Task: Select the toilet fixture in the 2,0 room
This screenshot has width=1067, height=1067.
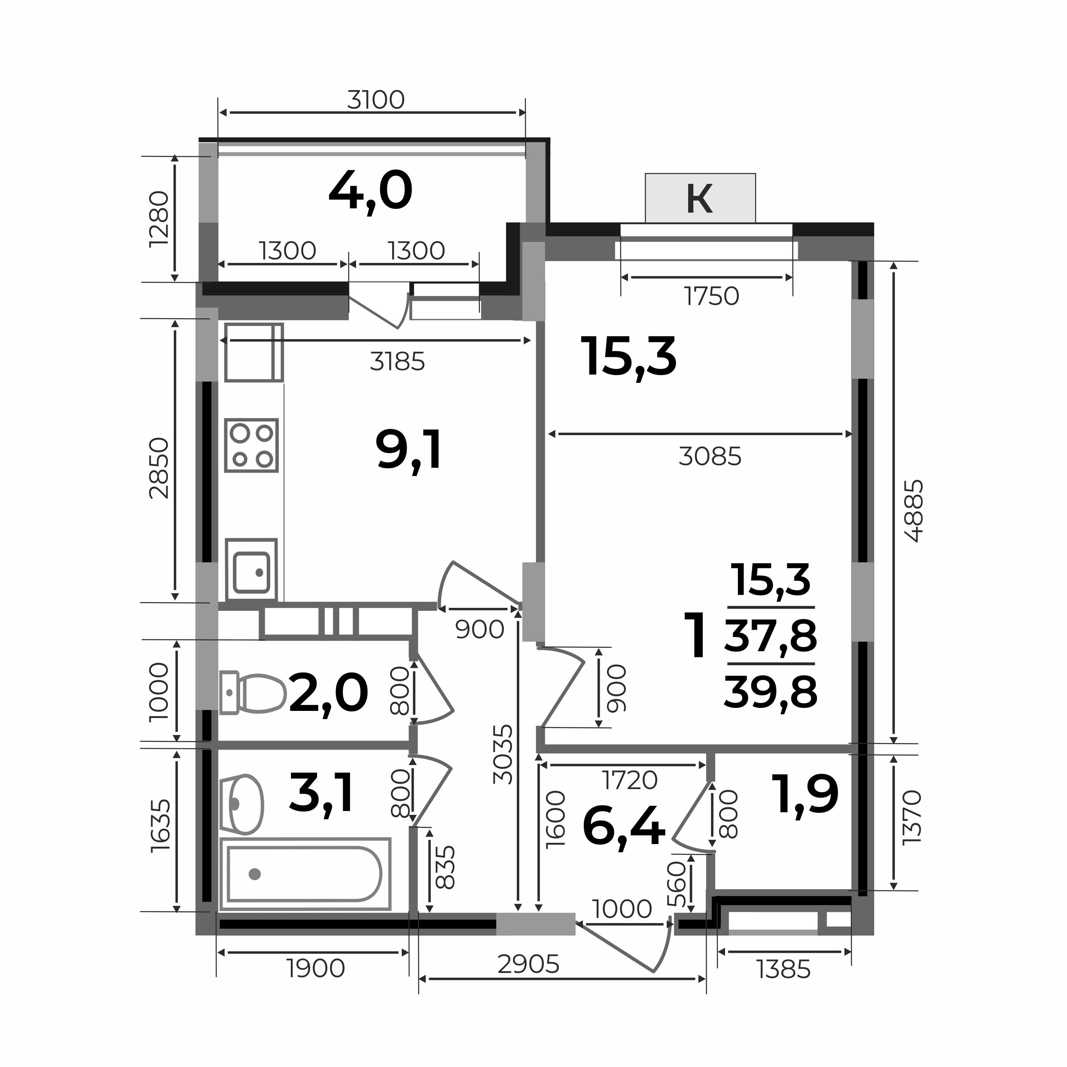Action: pyautogui.click(x=253, y=692)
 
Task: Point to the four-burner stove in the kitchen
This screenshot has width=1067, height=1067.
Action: pyautogui.click(x=251, y=445)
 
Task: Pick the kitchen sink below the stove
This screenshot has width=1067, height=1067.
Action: pyautogui.click(x=251, y=570)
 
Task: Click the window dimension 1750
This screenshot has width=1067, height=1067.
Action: pyautogui.click(x=712, y=296)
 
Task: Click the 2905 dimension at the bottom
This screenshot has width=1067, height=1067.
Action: pyautogui.click(x=528, y=964)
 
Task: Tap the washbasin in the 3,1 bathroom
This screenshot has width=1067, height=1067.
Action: pyautogui.click(x=241, y=804)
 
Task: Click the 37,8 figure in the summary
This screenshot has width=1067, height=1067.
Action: pyautogui.click(x=771, y=635)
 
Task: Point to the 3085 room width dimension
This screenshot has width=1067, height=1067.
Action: pyautogui.click(x=710, y=457)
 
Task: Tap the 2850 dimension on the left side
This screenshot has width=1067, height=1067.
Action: pyautogui.click(x=159, y=468)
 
